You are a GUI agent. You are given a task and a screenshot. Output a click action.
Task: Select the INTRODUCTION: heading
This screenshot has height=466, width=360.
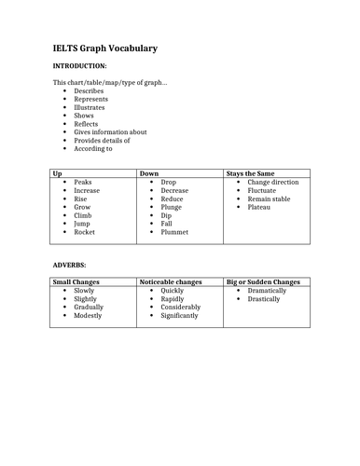tap(79, 66)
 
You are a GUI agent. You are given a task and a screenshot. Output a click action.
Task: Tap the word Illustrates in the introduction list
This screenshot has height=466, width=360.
tap(90, 107)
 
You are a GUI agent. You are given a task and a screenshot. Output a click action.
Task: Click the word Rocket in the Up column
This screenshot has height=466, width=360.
tap(85, 232)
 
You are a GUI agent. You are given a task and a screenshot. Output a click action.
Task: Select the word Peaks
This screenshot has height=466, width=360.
tap(83, 183)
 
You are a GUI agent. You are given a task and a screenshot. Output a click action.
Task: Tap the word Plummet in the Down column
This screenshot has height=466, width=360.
tap(174, 232)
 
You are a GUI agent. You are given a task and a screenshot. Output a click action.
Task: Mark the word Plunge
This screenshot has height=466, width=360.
tap(172, 207)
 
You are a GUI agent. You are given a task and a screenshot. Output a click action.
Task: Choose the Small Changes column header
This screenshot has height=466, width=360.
tap(76, 281)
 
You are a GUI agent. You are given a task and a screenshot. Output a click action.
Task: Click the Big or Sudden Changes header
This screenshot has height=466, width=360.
tap(264, 281)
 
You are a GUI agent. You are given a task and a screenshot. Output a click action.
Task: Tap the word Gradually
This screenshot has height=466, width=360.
tap(89, 307)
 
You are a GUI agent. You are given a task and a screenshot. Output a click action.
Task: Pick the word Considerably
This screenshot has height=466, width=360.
tap(181, 307)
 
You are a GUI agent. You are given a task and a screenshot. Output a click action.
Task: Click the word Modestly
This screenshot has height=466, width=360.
tap(89, 315)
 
